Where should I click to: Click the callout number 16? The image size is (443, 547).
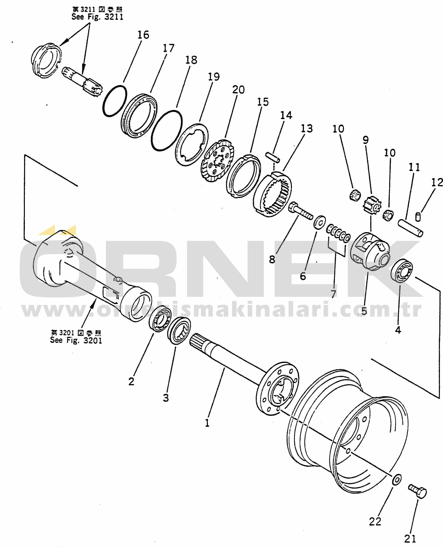[143, 35]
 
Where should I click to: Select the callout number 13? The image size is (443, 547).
[306, 129]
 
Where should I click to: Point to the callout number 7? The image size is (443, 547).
[333, 294]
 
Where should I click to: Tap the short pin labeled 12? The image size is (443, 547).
[418, 217]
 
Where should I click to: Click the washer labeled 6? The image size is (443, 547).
[319, 222]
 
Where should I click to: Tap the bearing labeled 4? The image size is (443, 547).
[402, 271]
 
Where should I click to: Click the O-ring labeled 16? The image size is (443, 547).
[115, 101]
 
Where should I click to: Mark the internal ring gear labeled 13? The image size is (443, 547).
[272, 194]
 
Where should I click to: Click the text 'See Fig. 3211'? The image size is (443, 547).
[97, 17]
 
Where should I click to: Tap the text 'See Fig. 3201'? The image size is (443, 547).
[76, 340]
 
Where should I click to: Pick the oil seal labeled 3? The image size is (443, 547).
[179, 331]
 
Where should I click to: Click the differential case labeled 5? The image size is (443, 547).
[370, 251]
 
